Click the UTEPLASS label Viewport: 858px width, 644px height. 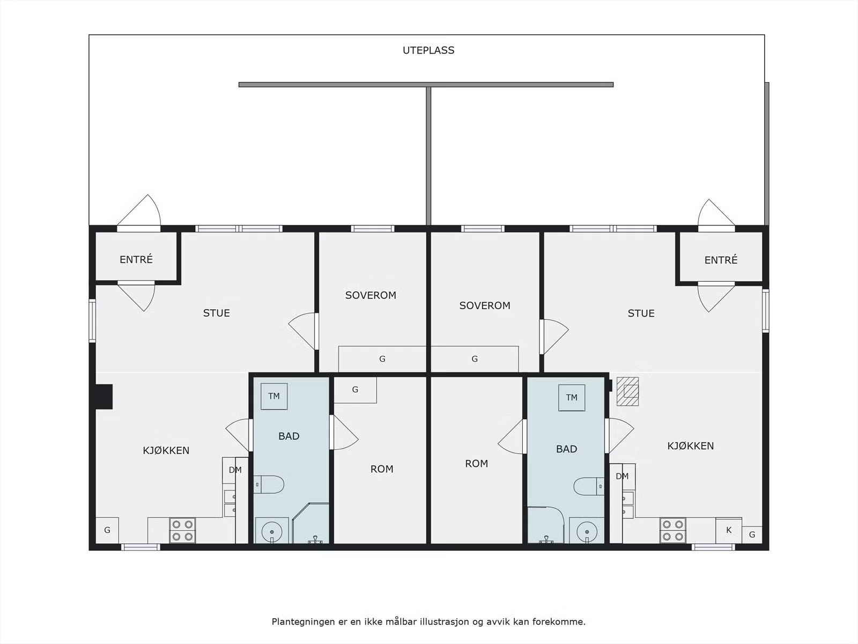tap(428, 50)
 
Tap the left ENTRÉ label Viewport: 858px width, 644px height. tap(136, 259)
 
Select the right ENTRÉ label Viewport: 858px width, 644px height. tap(721, 260)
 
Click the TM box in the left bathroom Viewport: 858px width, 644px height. tap(274, 396)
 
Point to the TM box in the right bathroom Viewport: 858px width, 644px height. tap(572, 398)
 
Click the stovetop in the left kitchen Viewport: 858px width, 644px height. tap(182, 530)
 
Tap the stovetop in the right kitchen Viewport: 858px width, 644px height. tap(672, 530)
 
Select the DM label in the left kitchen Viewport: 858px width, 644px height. tap(235, 470)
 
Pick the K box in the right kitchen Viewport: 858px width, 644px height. tap(729, 530)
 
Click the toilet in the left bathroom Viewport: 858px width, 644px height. tap(269, 485)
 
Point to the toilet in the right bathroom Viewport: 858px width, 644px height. tap(589, 486)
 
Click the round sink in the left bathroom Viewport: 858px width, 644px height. tap(272, 531)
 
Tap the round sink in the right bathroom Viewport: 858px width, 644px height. tap(586, 531)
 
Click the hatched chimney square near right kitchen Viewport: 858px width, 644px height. tap(628, 391)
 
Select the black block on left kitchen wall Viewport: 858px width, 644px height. tap(104, 397)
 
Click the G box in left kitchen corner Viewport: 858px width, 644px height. tap(107, 530)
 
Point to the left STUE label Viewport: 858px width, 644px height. tap(216, 313)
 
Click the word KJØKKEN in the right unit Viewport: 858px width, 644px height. tap(690, 446)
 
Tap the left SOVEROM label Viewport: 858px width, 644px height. tap(371, 295)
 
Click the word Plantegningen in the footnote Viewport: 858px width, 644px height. tap(302, 621)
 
